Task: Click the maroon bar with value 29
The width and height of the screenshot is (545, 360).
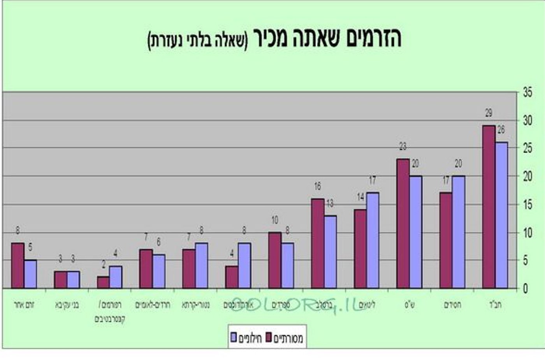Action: click(x=489, y=206)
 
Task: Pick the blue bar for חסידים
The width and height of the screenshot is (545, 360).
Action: click(x=459, y=232)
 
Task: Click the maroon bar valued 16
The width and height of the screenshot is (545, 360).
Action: click(x=318, y=244)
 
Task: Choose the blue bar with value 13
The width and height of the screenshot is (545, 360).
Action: click(x=330, y=252)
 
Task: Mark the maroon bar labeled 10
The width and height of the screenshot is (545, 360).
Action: click(x=275, y=260)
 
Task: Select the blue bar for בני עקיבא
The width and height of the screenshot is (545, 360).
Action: click(x=73, y=280)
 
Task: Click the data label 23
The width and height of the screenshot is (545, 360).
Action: click(x=403, y=146)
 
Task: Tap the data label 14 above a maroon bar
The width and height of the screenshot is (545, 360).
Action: click(x=360, y=197)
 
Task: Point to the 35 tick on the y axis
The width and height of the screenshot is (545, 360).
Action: click(x=527, y=93)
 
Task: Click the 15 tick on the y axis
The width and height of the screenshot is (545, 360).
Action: click(x=527, y=205)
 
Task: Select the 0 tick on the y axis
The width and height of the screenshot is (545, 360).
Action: click(x=526, y=289)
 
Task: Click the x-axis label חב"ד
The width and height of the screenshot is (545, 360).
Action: click(x=494, y=305)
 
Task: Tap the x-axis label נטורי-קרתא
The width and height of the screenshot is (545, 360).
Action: click(x=196, y=305)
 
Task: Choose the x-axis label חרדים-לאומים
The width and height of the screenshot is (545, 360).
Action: click(x=153, y=305)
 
